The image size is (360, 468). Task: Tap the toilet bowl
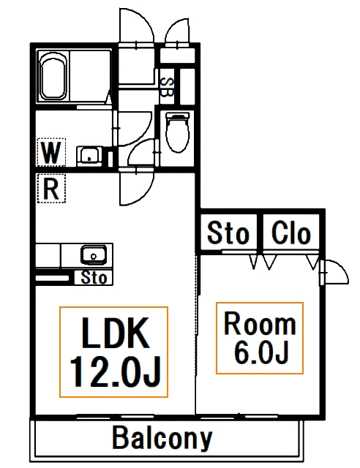pos(178,132)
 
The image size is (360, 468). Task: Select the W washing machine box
pos(51,152)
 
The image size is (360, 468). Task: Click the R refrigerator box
pos(51,189)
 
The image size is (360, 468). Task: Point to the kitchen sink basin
pos(94,254)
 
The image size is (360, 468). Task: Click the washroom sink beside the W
pos(89,155)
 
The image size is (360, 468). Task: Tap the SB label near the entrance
pos(167,87)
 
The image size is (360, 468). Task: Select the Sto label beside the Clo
pos(228,233)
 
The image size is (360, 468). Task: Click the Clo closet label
pos(291,233)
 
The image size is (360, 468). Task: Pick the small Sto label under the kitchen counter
pos(94,278)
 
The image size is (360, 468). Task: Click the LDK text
pos(116,333)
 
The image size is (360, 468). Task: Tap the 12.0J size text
pos(115,371)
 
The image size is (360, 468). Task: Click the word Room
pos(260,323)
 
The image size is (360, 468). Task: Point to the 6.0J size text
pos(261,352)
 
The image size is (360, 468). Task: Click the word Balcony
pos(162,438)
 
